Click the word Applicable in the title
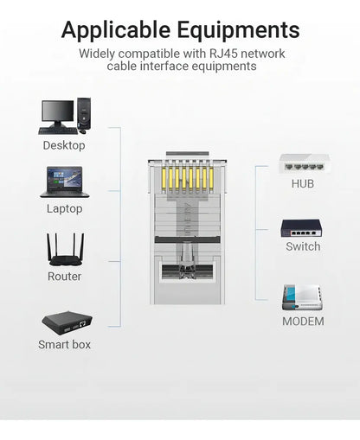tap(116, 30)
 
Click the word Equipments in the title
tap(239, 30)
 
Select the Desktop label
tap(64, 145)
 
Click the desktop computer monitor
tap(58, 114)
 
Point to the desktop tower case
tap(84, 113)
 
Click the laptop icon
tap(65, 182)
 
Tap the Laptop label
tap(65, 208)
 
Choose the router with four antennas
tap(66, 250)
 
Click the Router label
tap(64, 277)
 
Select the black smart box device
tap(67, 322)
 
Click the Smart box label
tap(64, 344)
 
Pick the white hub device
tap(304, 164)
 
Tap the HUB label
tap(303, 183)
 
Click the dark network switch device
tap(301, 228)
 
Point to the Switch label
tap(303, 246)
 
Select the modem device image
tap(302, 297)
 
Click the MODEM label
tap(303, 322)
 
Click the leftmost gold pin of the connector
tap(164, 179)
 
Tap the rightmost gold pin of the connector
tap(211, 179)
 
